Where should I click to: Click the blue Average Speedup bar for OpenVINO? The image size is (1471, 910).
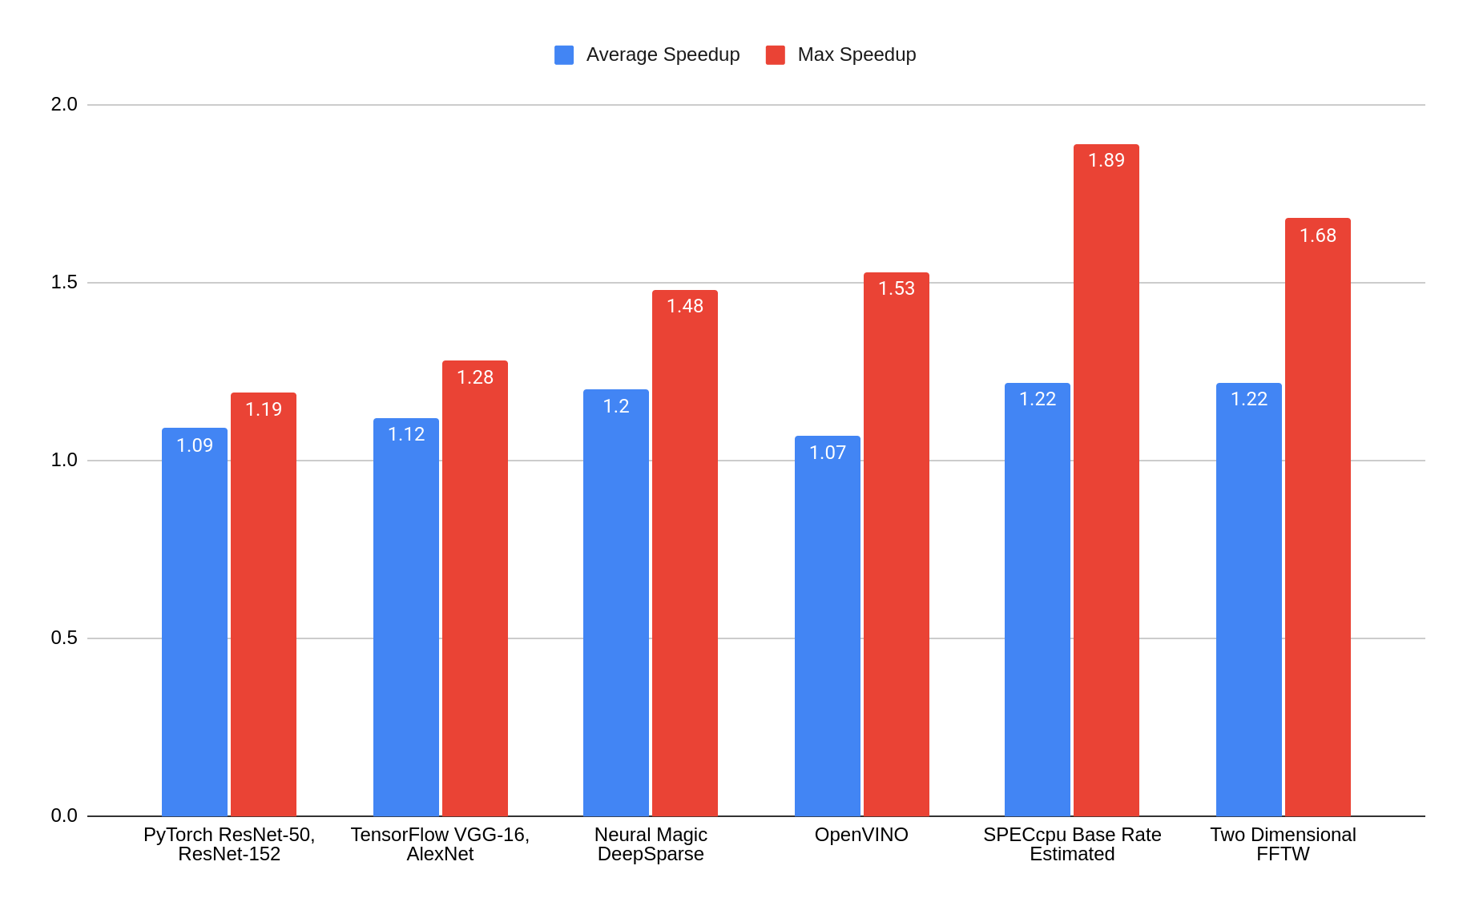827,633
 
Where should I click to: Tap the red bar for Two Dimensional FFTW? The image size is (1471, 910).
1317,521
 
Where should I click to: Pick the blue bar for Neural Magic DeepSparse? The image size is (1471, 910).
615,609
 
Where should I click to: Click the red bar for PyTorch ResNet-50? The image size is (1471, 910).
263,609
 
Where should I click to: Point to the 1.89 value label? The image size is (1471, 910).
1106,160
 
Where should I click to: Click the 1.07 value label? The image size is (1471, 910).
827,453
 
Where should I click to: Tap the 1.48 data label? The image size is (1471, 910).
684,306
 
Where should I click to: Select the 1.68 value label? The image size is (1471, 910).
1317,236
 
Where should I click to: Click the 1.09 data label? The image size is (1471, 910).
194,445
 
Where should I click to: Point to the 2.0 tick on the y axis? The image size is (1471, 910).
64,104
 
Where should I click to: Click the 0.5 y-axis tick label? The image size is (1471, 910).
64,638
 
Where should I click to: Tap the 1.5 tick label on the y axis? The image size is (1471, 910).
64,282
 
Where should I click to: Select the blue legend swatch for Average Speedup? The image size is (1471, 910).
564,54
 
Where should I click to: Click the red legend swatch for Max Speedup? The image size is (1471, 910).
775,54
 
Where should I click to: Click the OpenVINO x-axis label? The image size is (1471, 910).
861,835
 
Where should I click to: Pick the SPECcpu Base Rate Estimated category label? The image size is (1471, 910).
1072,844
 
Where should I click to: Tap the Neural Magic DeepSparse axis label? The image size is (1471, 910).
651,844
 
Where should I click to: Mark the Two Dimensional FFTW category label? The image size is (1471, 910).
1283,844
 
